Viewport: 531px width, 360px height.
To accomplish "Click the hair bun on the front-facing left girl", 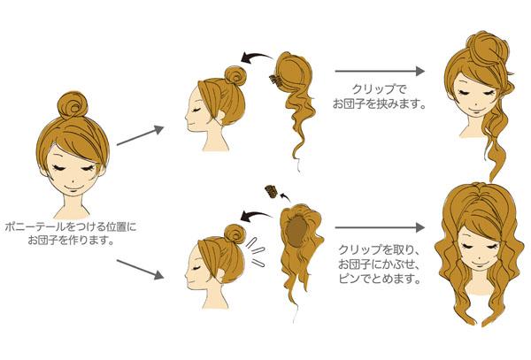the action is pyautogui.click(x=72, y=104).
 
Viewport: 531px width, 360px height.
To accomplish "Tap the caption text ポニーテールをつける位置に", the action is pyautogui.click(x=71, y=226).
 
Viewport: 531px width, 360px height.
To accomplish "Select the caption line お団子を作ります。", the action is pyautogui.click(x=71, y=241).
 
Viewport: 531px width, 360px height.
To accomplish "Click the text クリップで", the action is pyautogui.click(x=379, y=89).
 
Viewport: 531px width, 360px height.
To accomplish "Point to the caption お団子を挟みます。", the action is pyautogui.click(x=379, y=103).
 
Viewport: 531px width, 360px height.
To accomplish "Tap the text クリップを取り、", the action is pyautogui.click(x=380, y=249).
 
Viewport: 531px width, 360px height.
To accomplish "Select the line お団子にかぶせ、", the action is pyautogui.click(x=380, y=264).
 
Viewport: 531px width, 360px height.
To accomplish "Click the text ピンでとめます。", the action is pyautogui.click(x=380, y=279).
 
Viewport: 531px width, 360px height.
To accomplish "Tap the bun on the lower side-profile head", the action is pyautogui.click(x=235, y=234).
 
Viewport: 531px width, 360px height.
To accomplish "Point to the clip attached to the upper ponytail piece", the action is pyautogui.click(x=274, y=80).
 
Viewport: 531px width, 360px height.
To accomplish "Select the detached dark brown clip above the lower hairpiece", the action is pyautogui.click(x=271, y=192).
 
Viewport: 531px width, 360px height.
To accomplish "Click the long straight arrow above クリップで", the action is pyautogui.click(x=380, y=71).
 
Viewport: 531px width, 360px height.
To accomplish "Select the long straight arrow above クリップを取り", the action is pyautogui.click(x=380, y=227).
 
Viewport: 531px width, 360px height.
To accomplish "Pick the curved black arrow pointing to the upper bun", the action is pyautogui.click(x=257, y=57).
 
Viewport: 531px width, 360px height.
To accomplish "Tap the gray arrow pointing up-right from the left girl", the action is pyautogui.click(x=140, y=135).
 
